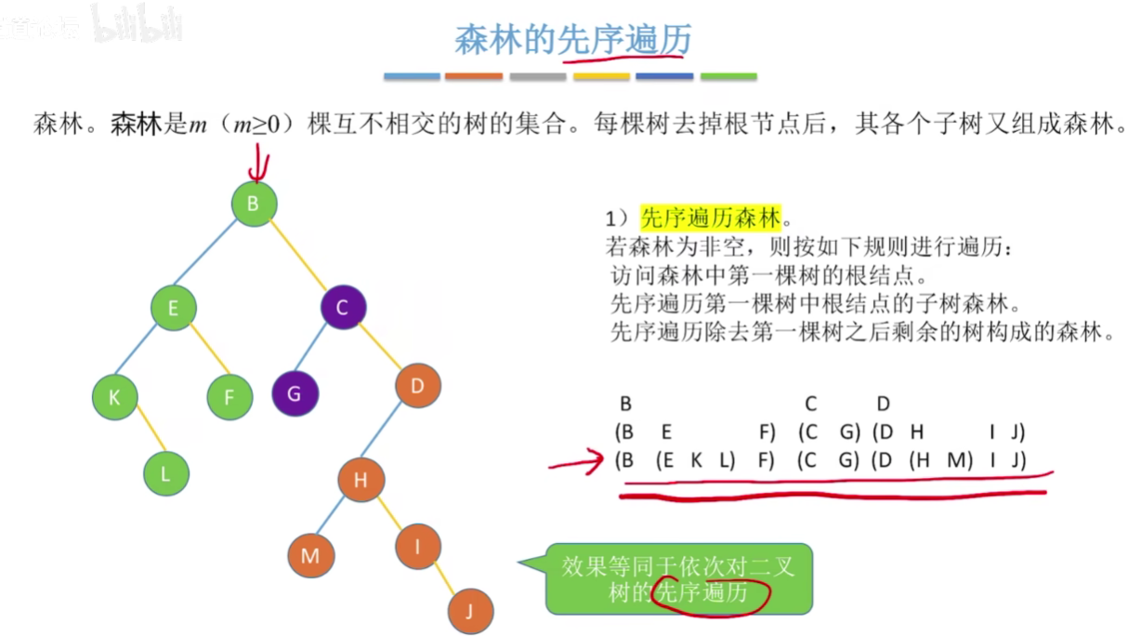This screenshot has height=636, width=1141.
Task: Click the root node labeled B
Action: (x=254, y=202)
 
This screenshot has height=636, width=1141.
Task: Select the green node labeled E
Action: (x=174, y=307)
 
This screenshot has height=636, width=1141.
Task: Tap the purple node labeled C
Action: (x=343, y=308)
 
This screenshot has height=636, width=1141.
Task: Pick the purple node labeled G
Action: (x=295, y=393)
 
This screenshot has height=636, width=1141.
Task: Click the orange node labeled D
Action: (x=417, y=385)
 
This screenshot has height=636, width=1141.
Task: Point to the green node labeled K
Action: (x=115, y=397)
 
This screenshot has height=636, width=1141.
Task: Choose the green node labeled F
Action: (x=230, y=398)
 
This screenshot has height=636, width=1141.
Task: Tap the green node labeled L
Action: (x=166, y=473)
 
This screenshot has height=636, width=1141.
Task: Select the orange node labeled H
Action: (x=361, y=480)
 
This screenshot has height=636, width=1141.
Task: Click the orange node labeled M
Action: (x=310, y=555)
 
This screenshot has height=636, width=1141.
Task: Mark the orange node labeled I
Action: (x=418, y=547)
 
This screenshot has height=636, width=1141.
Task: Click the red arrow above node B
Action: (x=257, y=166)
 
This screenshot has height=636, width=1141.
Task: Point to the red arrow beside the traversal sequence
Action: (x=577, y=460)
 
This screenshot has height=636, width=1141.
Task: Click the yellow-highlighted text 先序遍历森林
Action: (x=712, y=219)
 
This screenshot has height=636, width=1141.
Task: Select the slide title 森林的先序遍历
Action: (x=572, y=39)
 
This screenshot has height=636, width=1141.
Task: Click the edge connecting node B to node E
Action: (x=213, y=255)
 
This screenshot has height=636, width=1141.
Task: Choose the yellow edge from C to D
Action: (x=380, y=347)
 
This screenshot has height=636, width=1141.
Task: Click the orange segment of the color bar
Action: (x=474, y=76)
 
